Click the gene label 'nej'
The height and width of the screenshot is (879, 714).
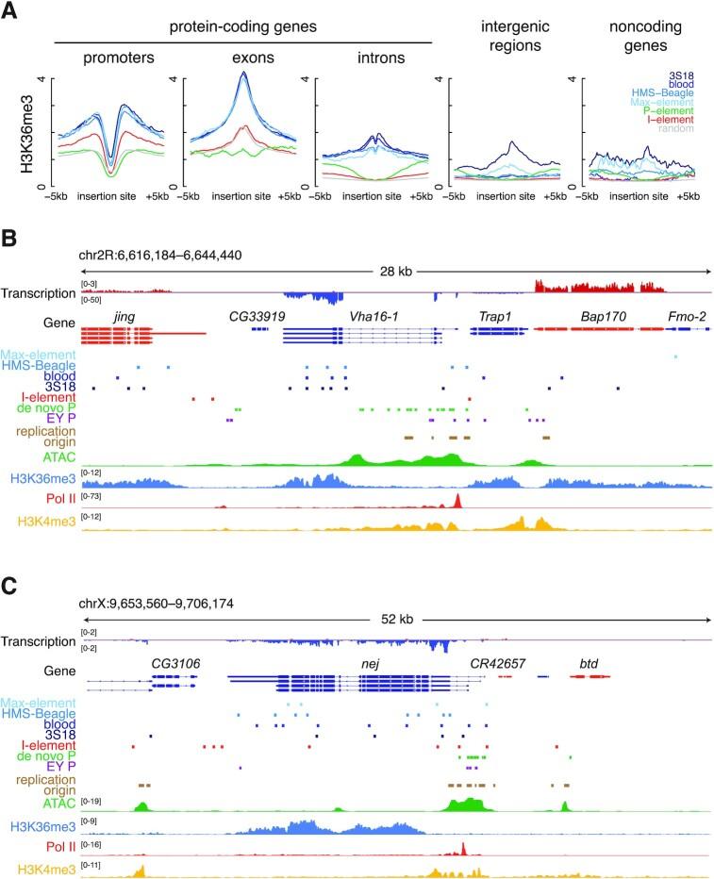pyautogui.click(x=371, y=665)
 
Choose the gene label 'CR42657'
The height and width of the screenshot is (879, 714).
pyautogui.click(x=496, y=665)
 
